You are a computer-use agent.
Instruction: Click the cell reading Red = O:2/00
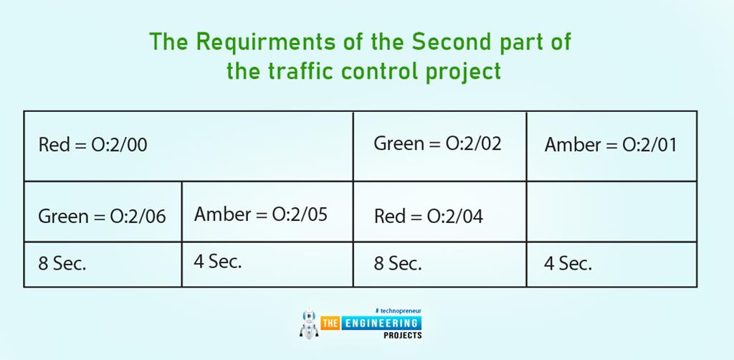[92, 146]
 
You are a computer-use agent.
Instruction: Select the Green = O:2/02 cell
[437, 143]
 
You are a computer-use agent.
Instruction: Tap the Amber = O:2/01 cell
[610, 146]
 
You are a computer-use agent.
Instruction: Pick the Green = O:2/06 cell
[102, 216]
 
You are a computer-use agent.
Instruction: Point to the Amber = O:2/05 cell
[260, 214]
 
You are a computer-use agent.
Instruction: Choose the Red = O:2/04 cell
[428, 217]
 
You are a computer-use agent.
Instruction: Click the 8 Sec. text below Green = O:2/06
[62, 263]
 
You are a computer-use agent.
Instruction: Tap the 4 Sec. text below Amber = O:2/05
[218, 262]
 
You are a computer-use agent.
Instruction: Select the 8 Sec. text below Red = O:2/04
[398, 263]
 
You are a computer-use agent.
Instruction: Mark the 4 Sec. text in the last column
[568, 263]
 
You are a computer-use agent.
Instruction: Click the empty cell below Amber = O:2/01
[611, 212]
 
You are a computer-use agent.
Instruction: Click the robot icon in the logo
[308, 325]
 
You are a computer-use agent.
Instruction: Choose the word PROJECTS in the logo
[402, 336]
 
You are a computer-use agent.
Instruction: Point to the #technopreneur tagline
[398, 311]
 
